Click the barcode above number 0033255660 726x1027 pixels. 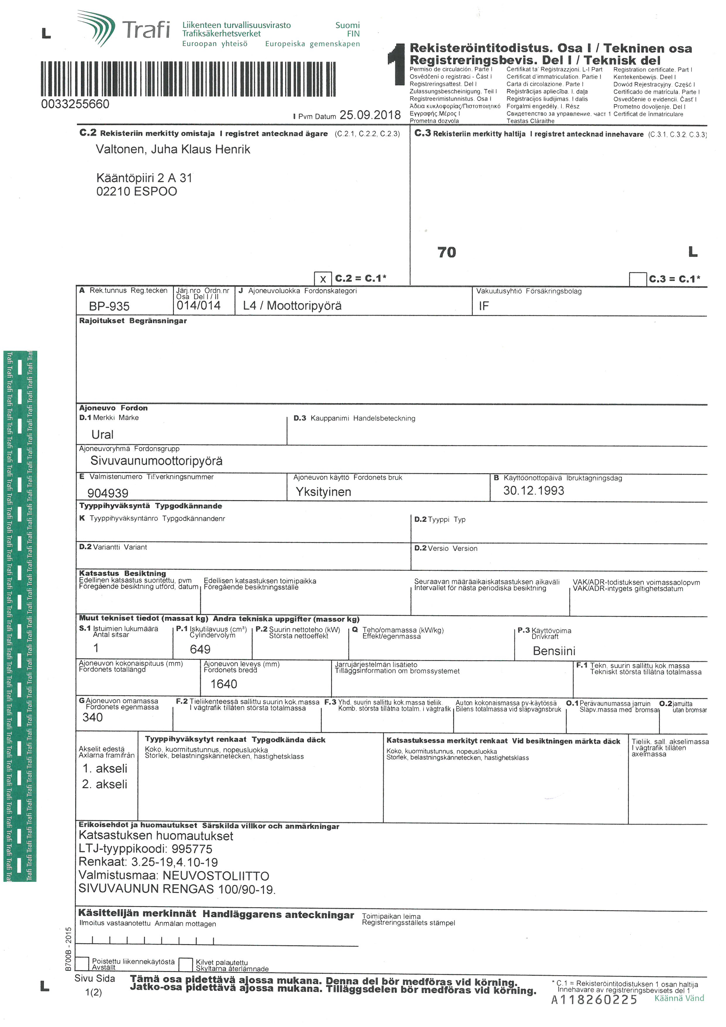188,79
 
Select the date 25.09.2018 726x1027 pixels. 370,115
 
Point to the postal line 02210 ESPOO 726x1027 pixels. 136,192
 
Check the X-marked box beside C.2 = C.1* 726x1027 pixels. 323,279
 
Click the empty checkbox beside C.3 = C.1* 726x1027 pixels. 638,279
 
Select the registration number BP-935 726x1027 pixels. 109,306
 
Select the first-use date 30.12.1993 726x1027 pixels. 533,491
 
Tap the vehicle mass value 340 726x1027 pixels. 93,717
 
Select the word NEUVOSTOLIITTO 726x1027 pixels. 216,876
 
